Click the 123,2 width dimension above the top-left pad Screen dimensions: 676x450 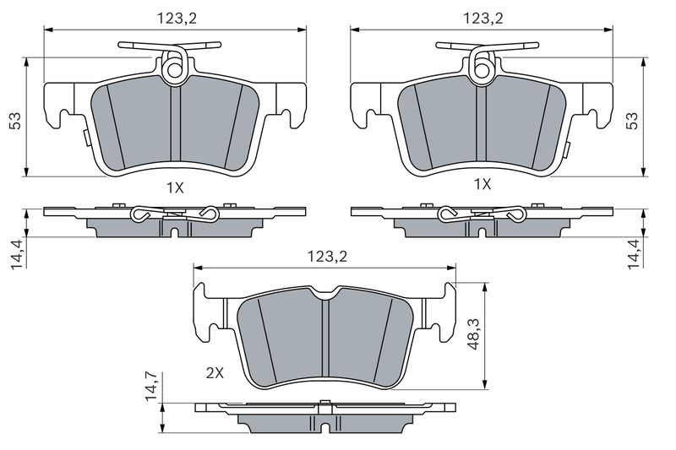[x=177, y=19]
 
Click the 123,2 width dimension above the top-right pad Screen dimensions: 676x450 [x=482, y=19]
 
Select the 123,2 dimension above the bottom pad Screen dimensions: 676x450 [x=327, y=257]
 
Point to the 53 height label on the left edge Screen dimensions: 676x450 [x=15, y=121]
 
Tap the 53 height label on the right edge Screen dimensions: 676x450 [x=632, y=121]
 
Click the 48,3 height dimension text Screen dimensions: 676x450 [x=473, y=334]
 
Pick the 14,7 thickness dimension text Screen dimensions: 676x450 [x=151, y=387]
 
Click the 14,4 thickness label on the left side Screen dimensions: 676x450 [x=17, y=254]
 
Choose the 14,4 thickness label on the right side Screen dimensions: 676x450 [x=635, y=254]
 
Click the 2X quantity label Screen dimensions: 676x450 [x=215, y=373]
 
